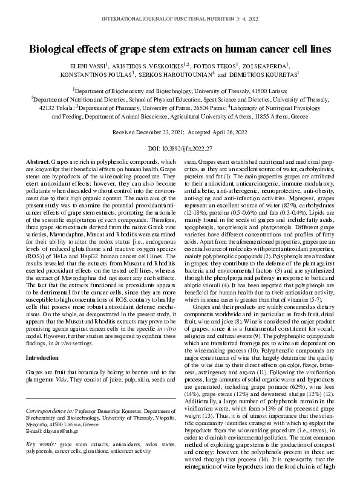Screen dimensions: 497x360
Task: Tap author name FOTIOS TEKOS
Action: click(213, 64)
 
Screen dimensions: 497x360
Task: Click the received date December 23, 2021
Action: click(158, 131)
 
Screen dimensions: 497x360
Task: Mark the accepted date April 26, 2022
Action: click(227, 131)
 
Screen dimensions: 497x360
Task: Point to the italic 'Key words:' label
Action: click(40, 444)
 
